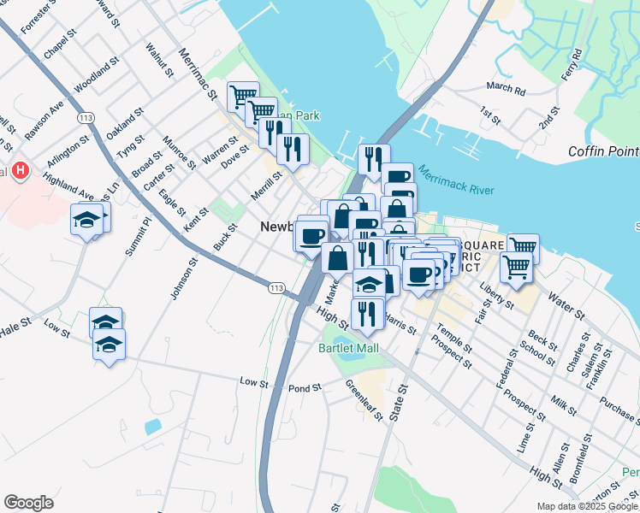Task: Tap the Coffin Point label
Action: click(x=603, y=152)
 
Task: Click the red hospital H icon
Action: click(x=21, y=171)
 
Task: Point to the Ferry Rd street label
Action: click(x=572, y=66)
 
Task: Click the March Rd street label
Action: click(x=506, y=87)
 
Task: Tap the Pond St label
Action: click(x=305, y=388)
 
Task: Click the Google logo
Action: click(x=28, y=503)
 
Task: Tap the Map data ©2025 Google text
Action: click(x=586, y=506)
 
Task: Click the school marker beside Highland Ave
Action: click(x=86, y=221)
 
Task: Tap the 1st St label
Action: click(x=489, y=114)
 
